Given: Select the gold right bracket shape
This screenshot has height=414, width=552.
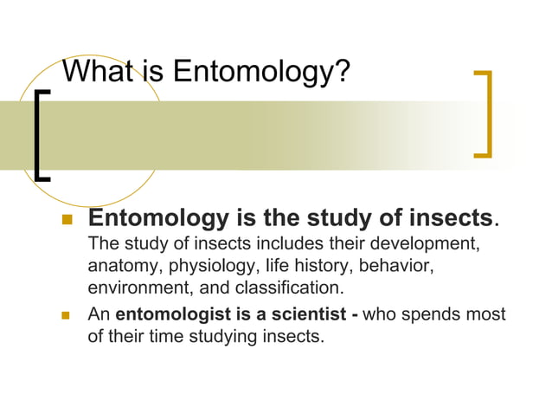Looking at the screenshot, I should pyautogui.click(x=485, y=113).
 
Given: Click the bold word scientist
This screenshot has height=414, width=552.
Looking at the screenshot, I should pyautogui.click(x=308, y=314).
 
